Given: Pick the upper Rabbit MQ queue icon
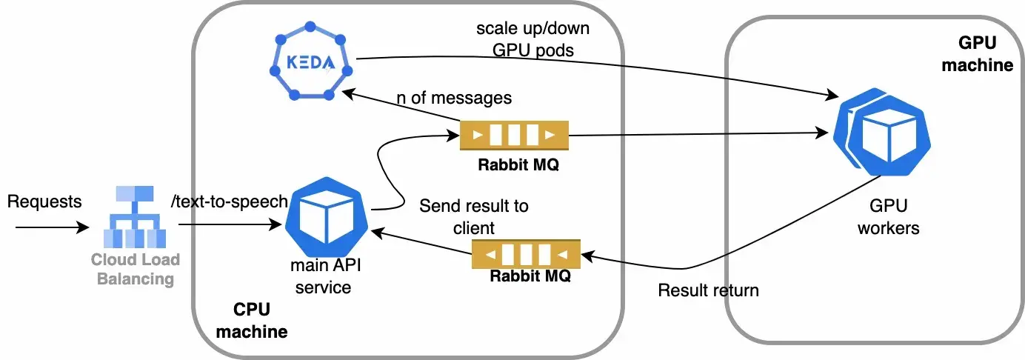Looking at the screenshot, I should [514, 136].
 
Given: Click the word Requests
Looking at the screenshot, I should [44, 201].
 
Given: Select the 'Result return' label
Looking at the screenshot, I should [708, 290].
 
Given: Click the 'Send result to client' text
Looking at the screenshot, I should [474, 216].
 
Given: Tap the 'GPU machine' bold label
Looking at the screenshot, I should [976, 54].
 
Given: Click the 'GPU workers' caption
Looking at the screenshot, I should [888, 216].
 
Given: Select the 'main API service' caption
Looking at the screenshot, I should [322, 276].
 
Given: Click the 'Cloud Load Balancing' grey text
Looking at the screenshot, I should [135, 269].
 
